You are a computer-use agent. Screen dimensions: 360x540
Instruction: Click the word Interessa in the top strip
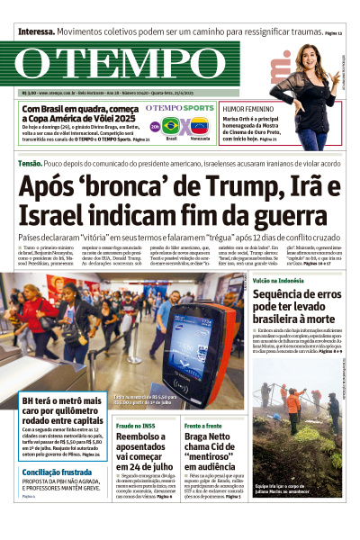36,30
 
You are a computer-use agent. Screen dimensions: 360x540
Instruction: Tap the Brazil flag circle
171,126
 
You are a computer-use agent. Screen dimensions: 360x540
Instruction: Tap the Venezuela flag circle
199,126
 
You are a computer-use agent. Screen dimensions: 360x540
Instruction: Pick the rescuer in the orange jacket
293,401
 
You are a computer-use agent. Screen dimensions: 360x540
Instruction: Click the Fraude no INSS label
137,424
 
